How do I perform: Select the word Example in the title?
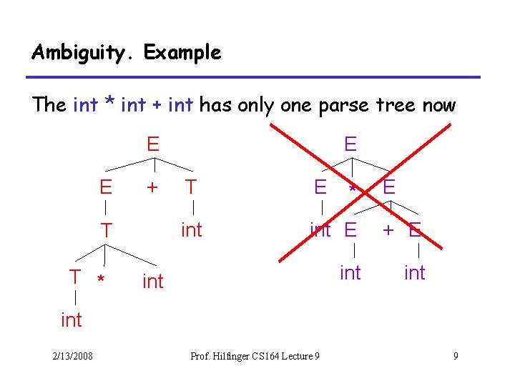click(182, 53)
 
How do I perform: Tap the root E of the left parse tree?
click(153, 144)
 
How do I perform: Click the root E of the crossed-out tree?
click(350, 144)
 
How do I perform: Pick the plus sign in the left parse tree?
click(151, 187)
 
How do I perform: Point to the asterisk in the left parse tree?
click(102, 279)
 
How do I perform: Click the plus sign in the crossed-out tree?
click(387, 229)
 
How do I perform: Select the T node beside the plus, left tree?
click(191, 187)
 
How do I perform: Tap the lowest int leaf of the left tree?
click(72, 320)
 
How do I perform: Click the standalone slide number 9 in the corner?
click(456, 356)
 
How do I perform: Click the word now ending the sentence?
click(438, 106)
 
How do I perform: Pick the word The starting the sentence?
click(49, 106)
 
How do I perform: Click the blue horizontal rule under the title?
click(255, 76)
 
